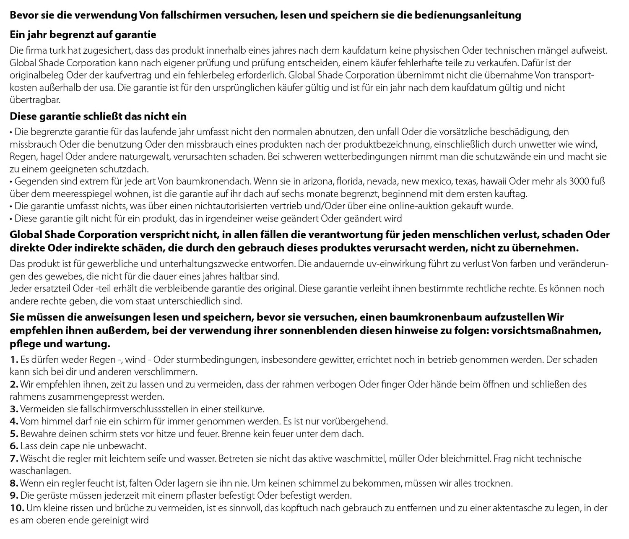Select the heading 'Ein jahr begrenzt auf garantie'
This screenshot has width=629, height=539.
coord(83,34)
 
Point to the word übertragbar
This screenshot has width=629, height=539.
coord(35,100)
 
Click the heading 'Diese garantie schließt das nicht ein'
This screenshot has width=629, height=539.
coord(98,116)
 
